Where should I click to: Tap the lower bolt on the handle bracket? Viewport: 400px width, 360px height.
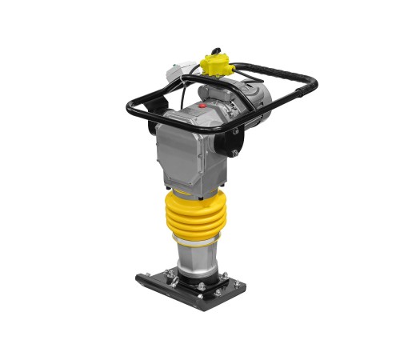point(235,152)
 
